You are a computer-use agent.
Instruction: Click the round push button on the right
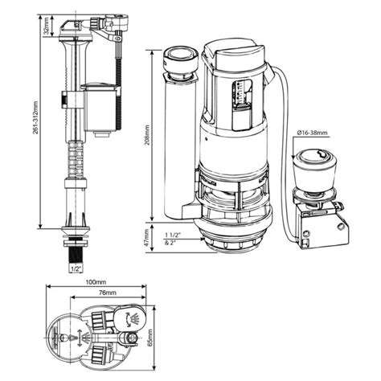pos(309,165)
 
